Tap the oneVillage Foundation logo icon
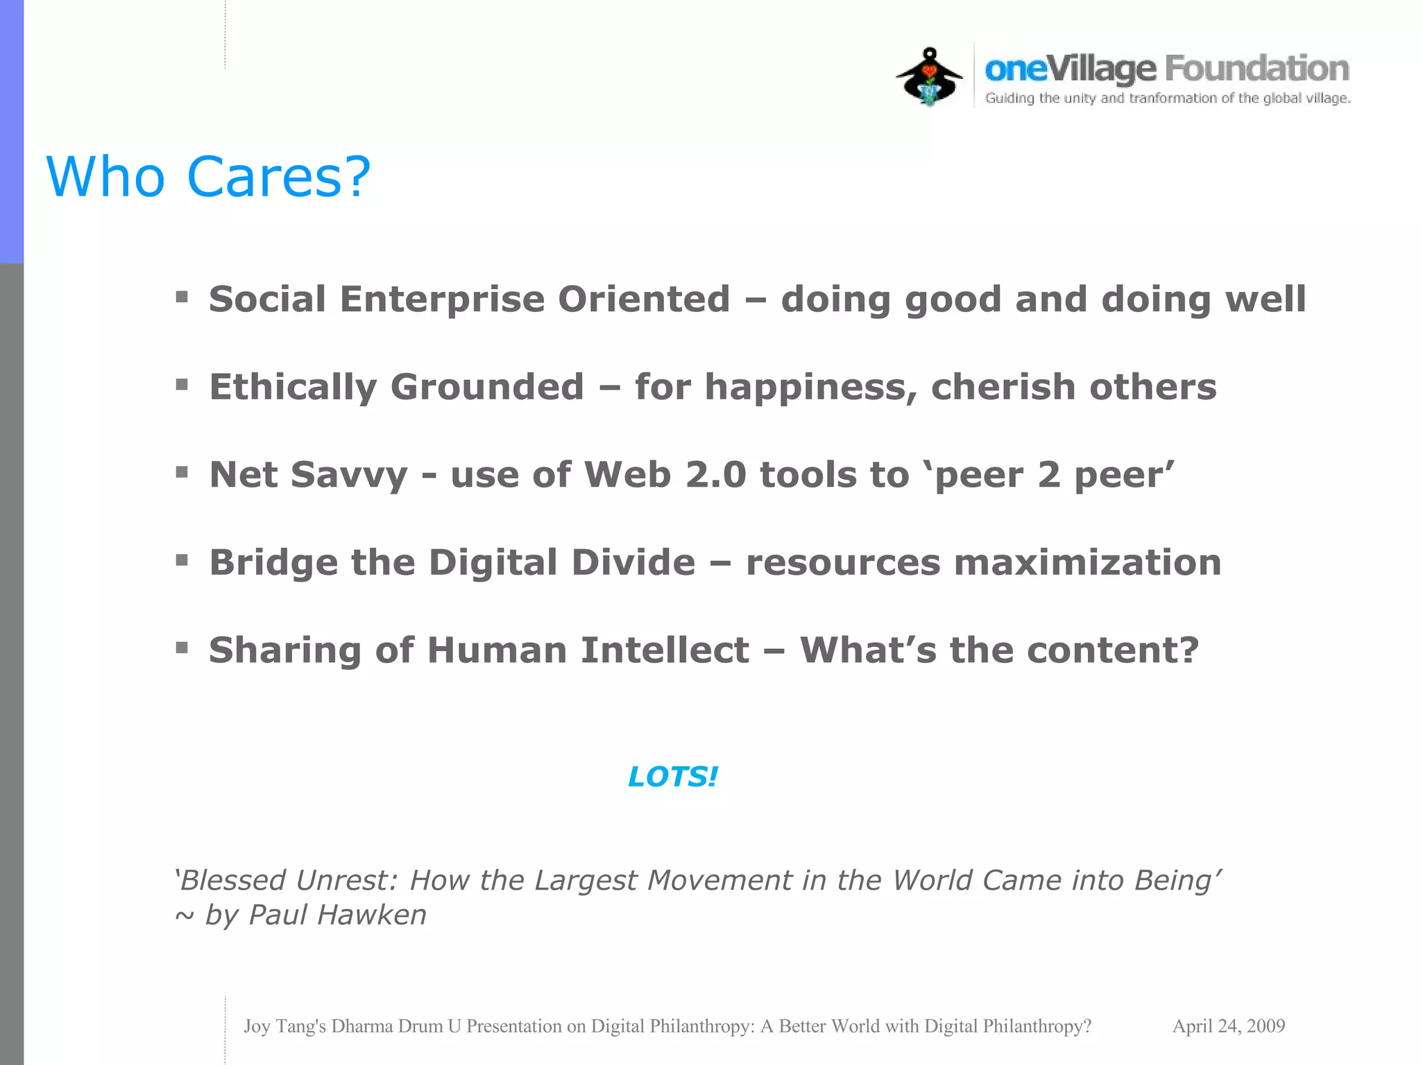[x=929, y=76]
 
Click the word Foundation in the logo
[x=1257, y=69]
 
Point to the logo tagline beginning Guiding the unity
[x=1168, y=98]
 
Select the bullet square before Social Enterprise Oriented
[x=182, y=297]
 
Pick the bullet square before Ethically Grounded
[x=182, y=385]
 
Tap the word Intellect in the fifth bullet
[x=665, y=650]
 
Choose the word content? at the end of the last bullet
[x=1113, y=650]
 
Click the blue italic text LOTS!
[x=672, y=777]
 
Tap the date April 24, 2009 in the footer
[x=1228, y=1026]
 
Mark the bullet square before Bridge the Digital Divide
[x=182, y=560]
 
